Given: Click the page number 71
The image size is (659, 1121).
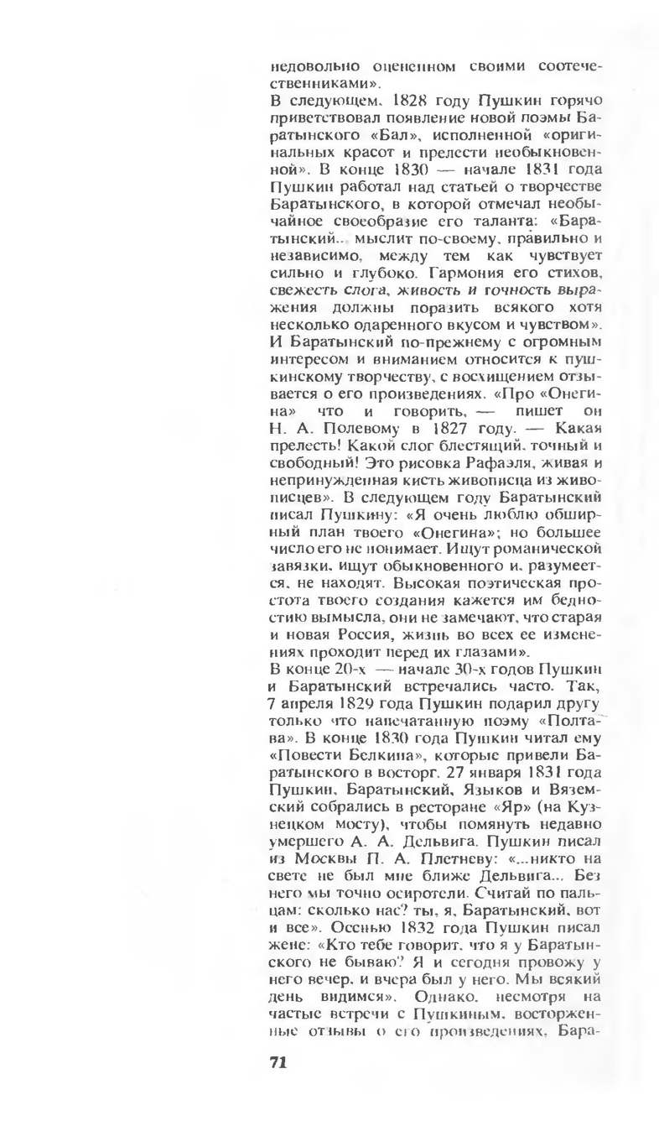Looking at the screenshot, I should click(278, 1062).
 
